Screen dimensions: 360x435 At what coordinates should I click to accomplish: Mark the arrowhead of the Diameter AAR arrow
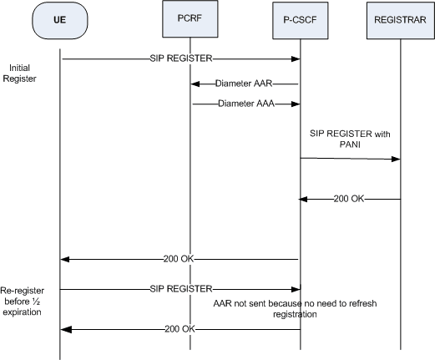pos(193,84)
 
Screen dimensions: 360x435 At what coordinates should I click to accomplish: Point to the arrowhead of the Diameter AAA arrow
pos(296,104)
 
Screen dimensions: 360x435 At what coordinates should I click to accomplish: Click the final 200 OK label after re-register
pos(181,330)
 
